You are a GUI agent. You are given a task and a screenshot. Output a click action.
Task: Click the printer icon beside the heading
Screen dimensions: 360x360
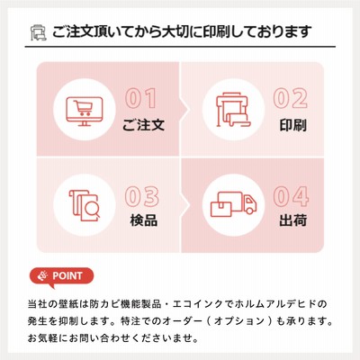coord(39,32)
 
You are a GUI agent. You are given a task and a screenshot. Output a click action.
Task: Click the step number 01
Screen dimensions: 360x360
coord(141,98)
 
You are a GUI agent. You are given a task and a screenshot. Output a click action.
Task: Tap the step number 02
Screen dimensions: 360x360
coord(291,98)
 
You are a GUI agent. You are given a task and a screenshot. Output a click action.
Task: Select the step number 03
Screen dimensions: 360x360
coord(141,196)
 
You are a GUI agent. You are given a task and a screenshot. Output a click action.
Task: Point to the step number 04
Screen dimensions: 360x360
coord(291,196)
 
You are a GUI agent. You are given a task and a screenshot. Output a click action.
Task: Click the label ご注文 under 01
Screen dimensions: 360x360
coord(143,125)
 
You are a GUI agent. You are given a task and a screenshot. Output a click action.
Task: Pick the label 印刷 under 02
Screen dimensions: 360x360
coord(292,125)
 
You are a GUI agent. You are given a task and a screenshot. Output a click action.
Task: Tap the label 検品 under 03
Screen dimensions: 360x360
coord(144,220)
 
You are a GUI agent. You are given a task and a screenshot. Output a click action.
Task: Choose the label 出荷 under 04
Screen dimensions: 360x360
coord(292,220)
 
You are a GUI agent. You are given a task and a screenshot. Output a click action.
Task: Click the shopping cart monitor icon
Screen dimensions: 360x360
coord(85,111)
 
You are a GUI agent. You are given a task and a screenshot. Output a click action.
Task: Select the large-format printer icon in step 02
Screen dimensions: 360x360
coord(233,110)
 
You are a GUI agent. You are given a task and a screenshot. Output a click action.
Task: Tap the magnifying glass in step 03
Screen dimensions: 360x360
coord(91,209)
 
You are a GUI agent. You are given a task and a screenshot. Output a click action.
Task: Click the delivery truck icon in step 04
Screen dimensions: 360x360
coord(233,204)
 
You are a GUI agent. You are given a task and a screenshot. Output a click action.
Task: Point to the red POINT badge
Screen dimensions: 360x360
coord(61,277)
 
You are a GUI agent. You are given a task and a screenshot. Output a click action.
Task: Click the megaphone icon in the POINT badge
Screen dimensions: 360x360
coord(43,275)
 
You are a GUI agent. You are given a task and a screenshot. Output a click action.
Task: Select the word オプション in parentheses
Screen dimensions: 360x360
coord(239,321)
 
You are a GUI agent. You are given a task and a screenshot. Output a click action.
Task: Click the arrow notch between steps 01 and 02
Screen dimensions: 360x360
coord(184,109)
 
